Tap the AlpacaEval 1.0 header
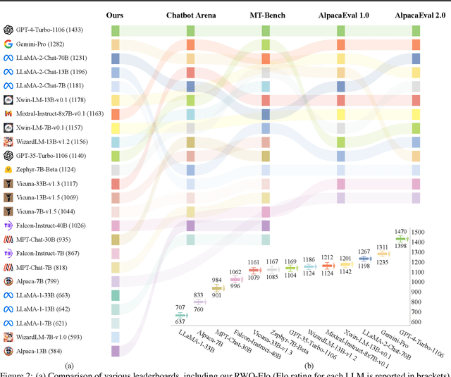tap(340, 15)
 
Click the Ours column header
tap(115, 15)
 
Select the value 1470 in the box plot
tap(402, 231)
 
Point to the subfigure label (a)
tap(69, 366)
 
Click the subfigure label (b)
tap(308, 366)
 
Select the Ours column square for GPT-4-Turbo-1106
tap(115, 30)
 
